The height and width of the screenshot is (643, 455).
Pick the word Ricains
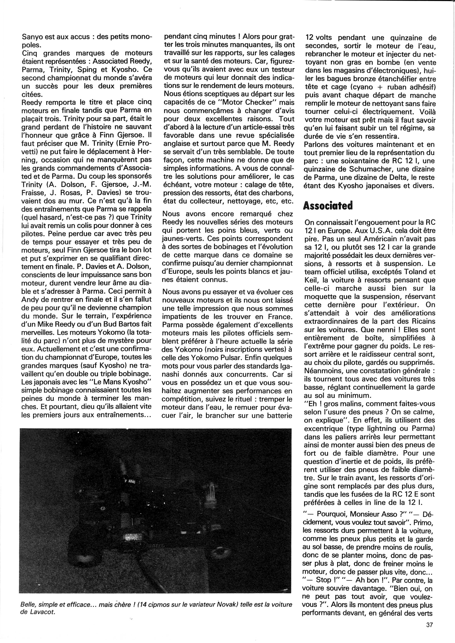pos(418,321)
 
